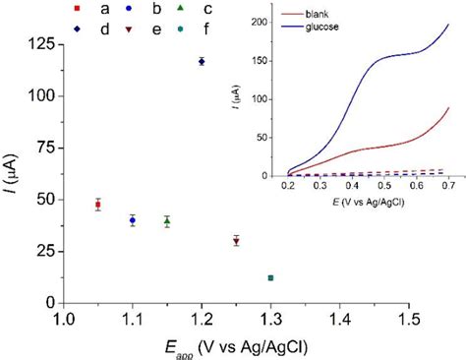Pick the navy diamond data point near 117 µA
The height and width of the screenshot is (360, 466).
coord(202,61)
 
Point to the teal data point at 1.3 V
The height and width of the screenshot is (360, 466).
coord(270,278)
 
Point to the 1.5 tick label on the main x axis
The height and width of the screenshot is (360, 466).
coord(410,320)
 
